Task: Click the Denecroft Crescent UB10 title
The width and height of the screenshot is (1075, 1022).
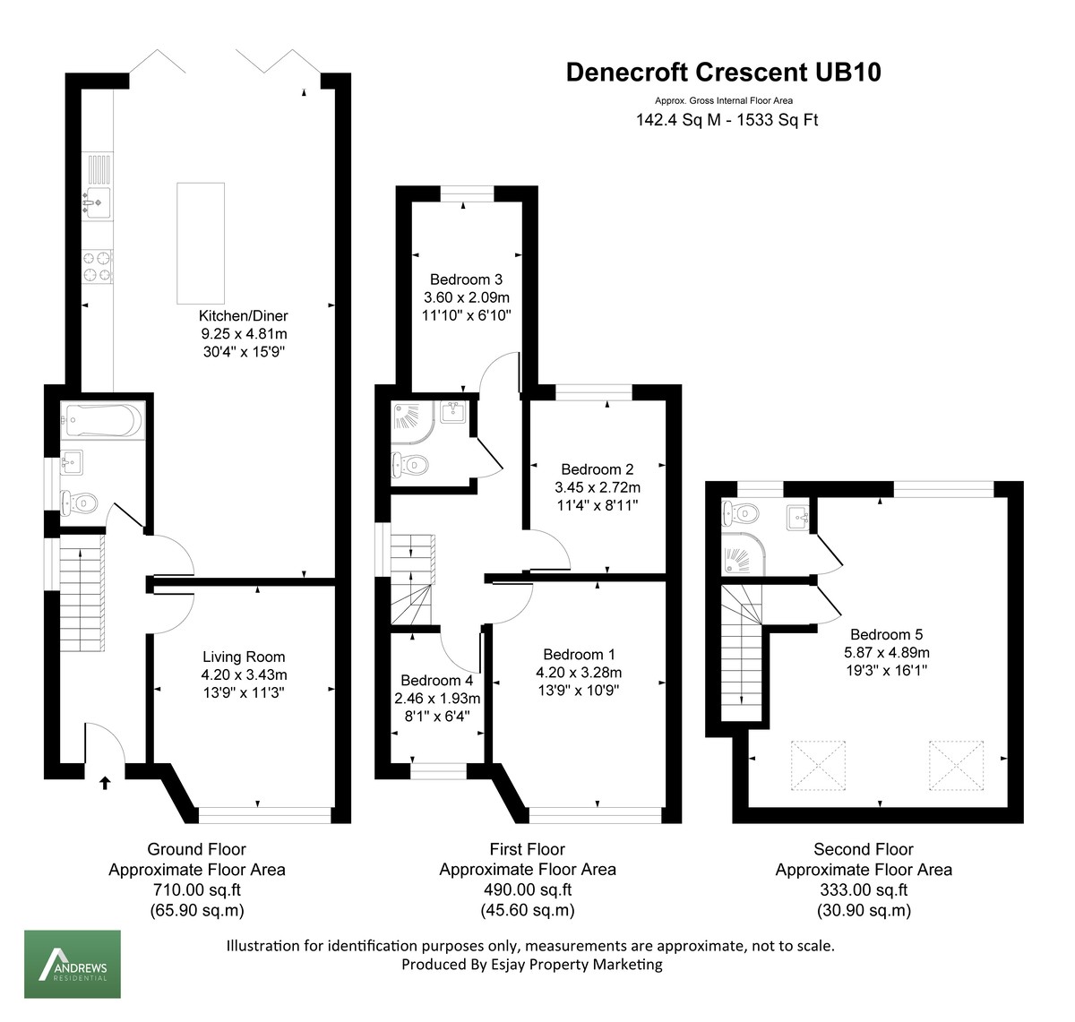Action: (723, 73)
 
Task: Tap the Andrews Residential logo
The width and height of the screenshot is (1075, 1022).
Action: (72, 964)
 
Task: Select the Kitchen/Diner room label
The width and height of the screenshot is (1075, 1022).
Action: (243, 315)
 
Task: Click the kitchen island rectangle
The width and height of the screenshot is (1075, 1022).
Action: (201, 244)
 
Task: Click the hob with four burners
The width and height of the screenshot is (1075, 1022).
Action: (98, 266)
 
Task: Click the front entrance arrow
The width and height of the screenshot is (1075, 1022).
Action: (105, 783)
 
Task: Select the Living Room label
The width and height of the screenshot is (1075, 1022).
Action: (243, 657)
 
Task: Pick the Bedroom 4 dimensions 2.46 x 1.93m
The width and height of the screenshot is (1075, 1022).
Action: (437, 699)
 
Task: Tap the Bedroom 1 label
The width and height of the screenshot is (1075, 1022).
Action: (579, 655)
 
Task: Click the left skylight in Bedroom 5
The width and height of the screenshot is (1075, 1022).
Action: (818, 766)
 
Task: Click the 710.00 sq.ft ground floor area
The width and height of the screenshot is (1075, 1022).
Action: (196, 890)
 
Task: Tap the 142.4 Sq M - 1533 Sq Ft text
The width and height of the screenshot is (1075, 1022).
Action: (727, 120)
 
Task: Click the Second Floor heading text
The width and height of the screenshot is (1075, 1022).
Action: (863, 849)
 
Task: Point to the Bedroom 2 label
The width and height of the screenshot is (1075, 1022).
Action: (597, 469)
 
